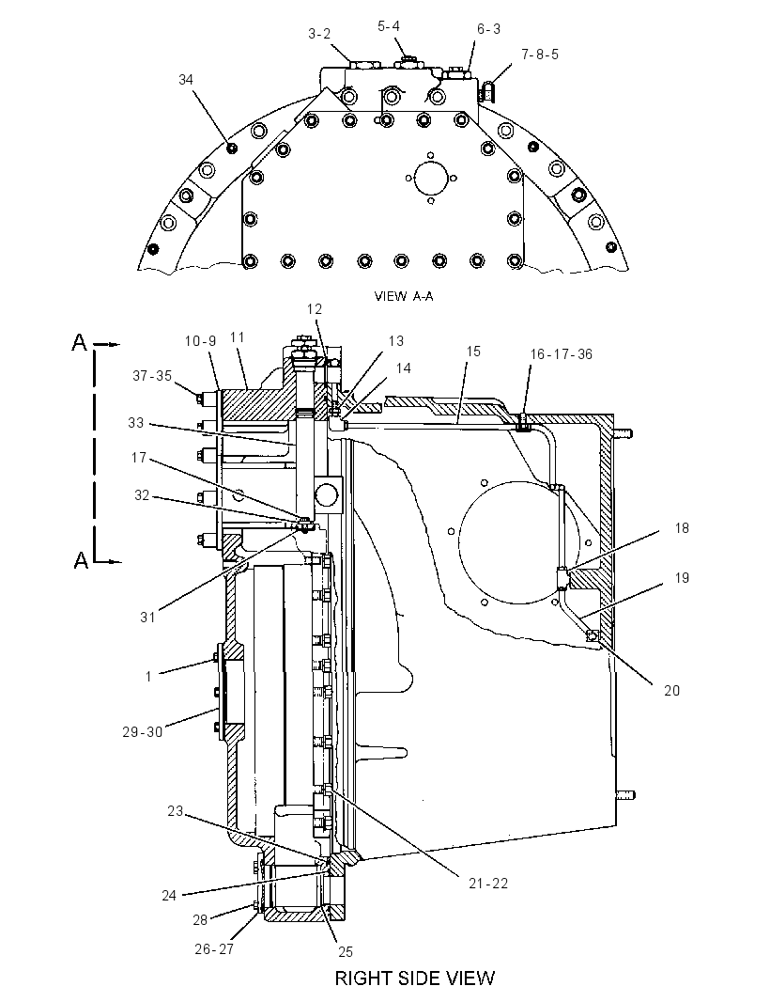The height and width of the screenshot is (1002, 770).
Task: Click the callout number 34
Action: coord(186,80)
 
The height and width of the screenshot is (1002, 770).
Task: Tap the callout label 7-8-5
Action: coord(540,55)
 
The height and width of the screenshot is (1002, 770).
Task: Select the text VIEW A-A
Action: coord(404,296)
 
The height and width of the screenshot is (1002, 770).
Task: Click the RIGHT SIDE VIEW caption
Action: coord(415,979)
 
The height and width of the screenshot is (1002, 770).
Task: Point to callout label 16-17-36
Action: coord(562,354)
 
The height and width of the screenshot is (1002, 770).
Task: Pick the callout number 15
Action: coord(473,352)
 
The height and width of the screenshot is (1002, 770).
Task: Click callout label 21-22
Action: coord(488,884)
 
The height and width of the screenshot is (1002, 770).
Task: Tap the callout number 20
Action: coord(671,690)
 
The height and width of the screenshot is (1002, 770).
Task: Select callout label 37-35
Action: coord(152,376)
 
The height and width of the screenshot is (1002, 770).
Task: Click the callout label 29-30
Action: coord(143,732)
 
